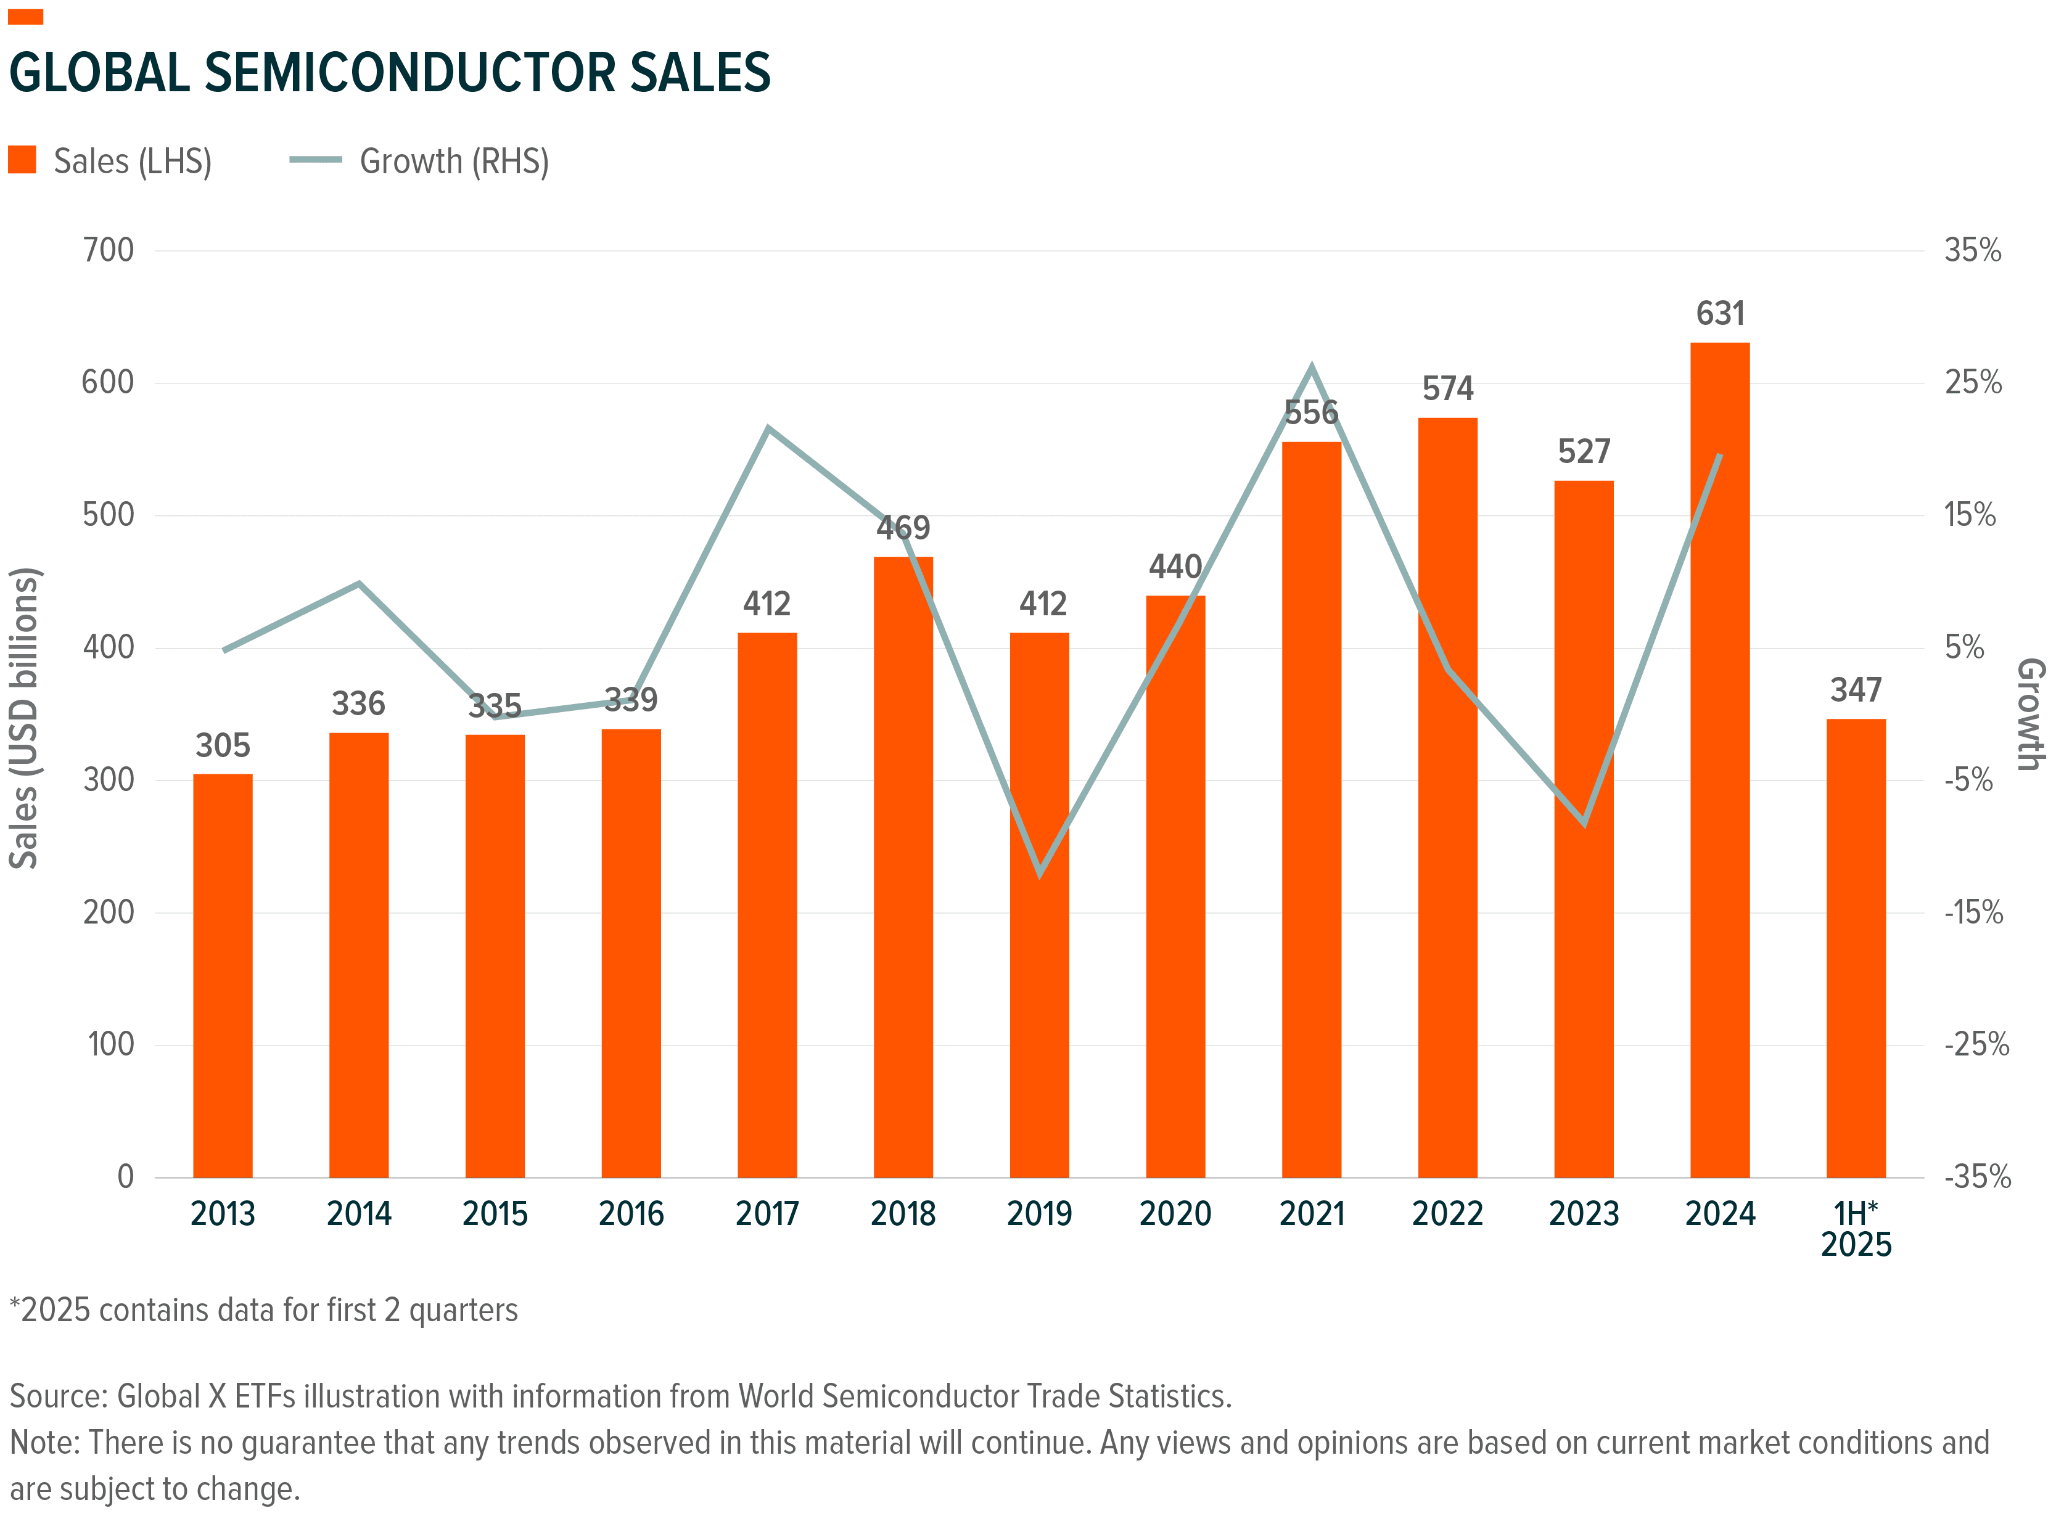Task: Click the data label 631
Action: tap(1719, 314)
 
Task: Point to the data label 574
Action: tap(1447, 389)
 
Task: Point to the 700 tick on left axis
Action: tap(109, 250)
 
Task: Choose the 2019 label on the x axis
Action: tap(1039, 1214)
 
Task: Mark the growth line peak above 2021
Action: tap(1312, 368)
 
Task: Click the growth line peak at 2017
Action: tap(767, 428)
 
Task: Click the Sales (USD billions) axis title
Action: tap(24, 718)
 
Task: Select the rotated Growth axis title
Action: tap(2030, 714)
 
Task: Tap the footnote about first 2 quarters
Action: tap(265, 1311)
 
